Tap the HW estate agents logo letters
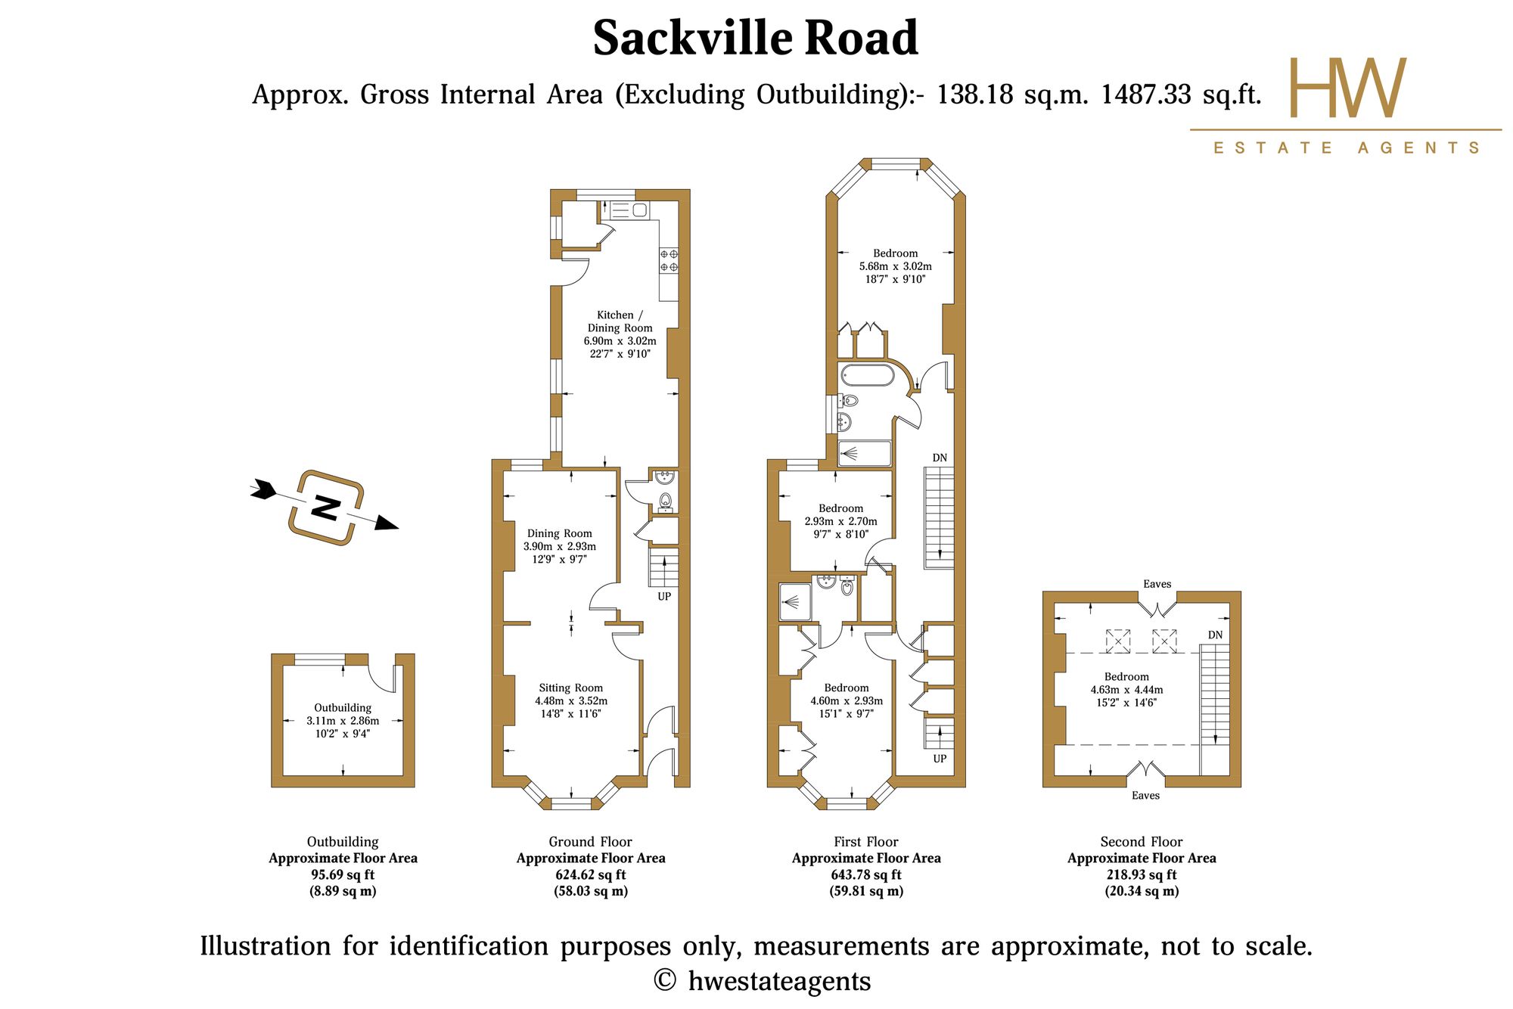1347,88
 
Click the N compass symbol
325,508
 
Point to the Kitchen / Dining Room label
620,334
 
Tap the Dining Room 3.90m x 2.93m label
560,546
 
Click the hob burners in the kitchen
669,260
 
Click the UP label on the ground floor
664,596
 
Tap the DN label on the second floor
1215,635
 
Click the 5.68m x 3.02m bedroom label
896,266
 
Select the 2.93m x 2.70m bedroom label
841,521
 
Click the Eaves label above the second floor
1157,584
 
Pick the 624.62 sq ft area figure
591,874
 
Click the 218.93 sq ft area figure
1142,874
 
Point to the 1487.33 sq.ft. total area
1181,95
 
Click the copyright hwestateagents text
762,981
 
